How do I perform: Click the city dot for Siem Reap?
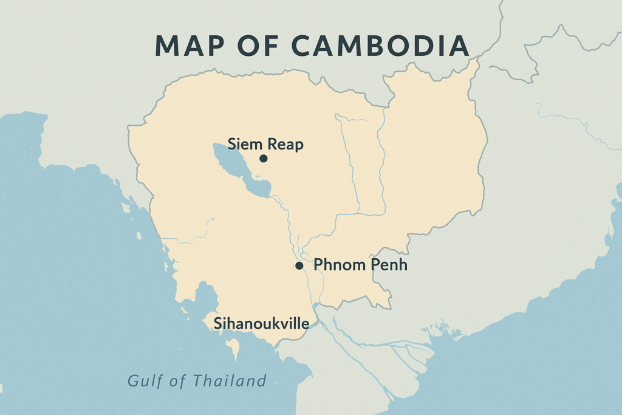pyautogui.click(x=263, y=159)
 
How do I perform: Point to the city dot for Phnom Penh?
pyautogui.click(x=299, y=266)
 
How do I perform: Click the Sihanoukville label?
pyautogui.click(x=261, y=323)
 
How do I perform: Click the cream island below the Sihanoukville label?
pyautogui.click(x=233, y=348)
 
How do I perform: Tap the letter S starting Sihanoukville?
pyautogui.click(x=217, y=324)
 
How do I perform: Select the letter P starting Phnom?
pyautogui.click(x=318, y=265)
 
